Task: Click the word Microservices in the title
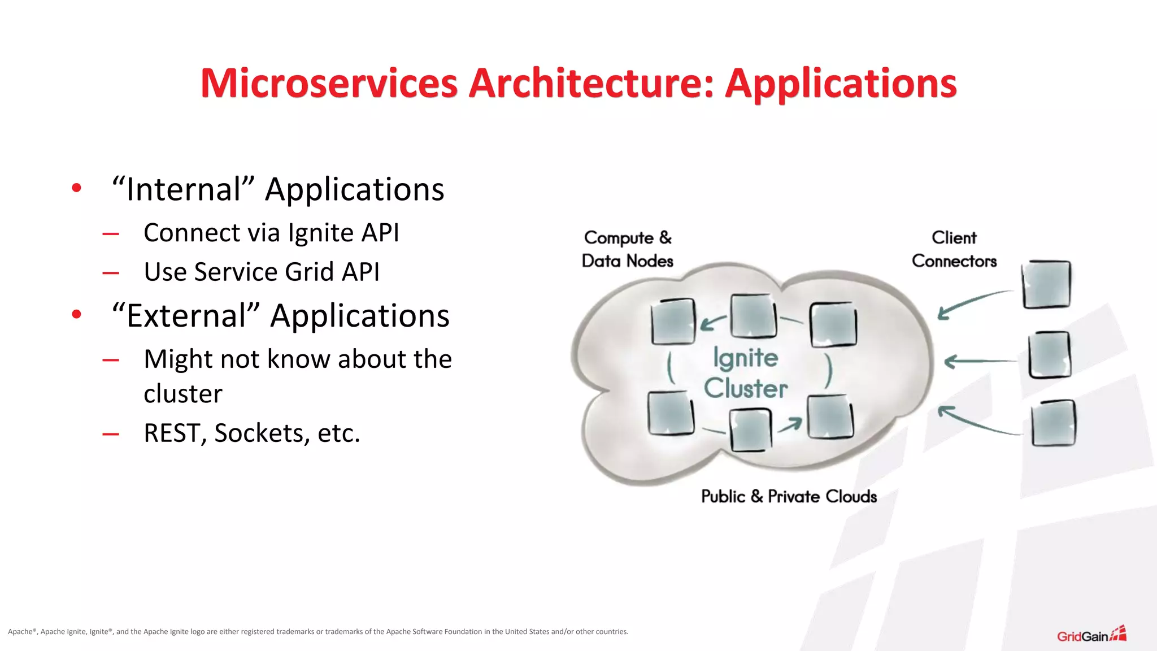(329, 84)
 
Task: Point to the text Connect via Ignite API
(271, 233)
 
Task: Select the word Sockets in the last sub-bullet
(262, 433)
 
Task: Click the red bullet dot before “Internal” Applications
(77, 188)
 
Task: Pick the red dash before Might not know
(111, 360)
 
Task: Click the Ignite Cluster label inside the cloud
(745, 373)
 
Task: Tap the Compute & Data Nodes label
(627, 249)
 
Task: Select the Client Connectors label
(954, 249)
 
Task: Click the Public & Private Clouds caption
(789, 496)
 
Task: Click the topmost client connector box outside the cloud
(1046, 284)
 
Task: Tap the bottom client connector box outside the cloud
(1053, 423)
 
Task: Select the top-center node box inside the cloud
(753, 316)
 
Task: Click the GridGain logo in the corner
(1091, 635)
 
